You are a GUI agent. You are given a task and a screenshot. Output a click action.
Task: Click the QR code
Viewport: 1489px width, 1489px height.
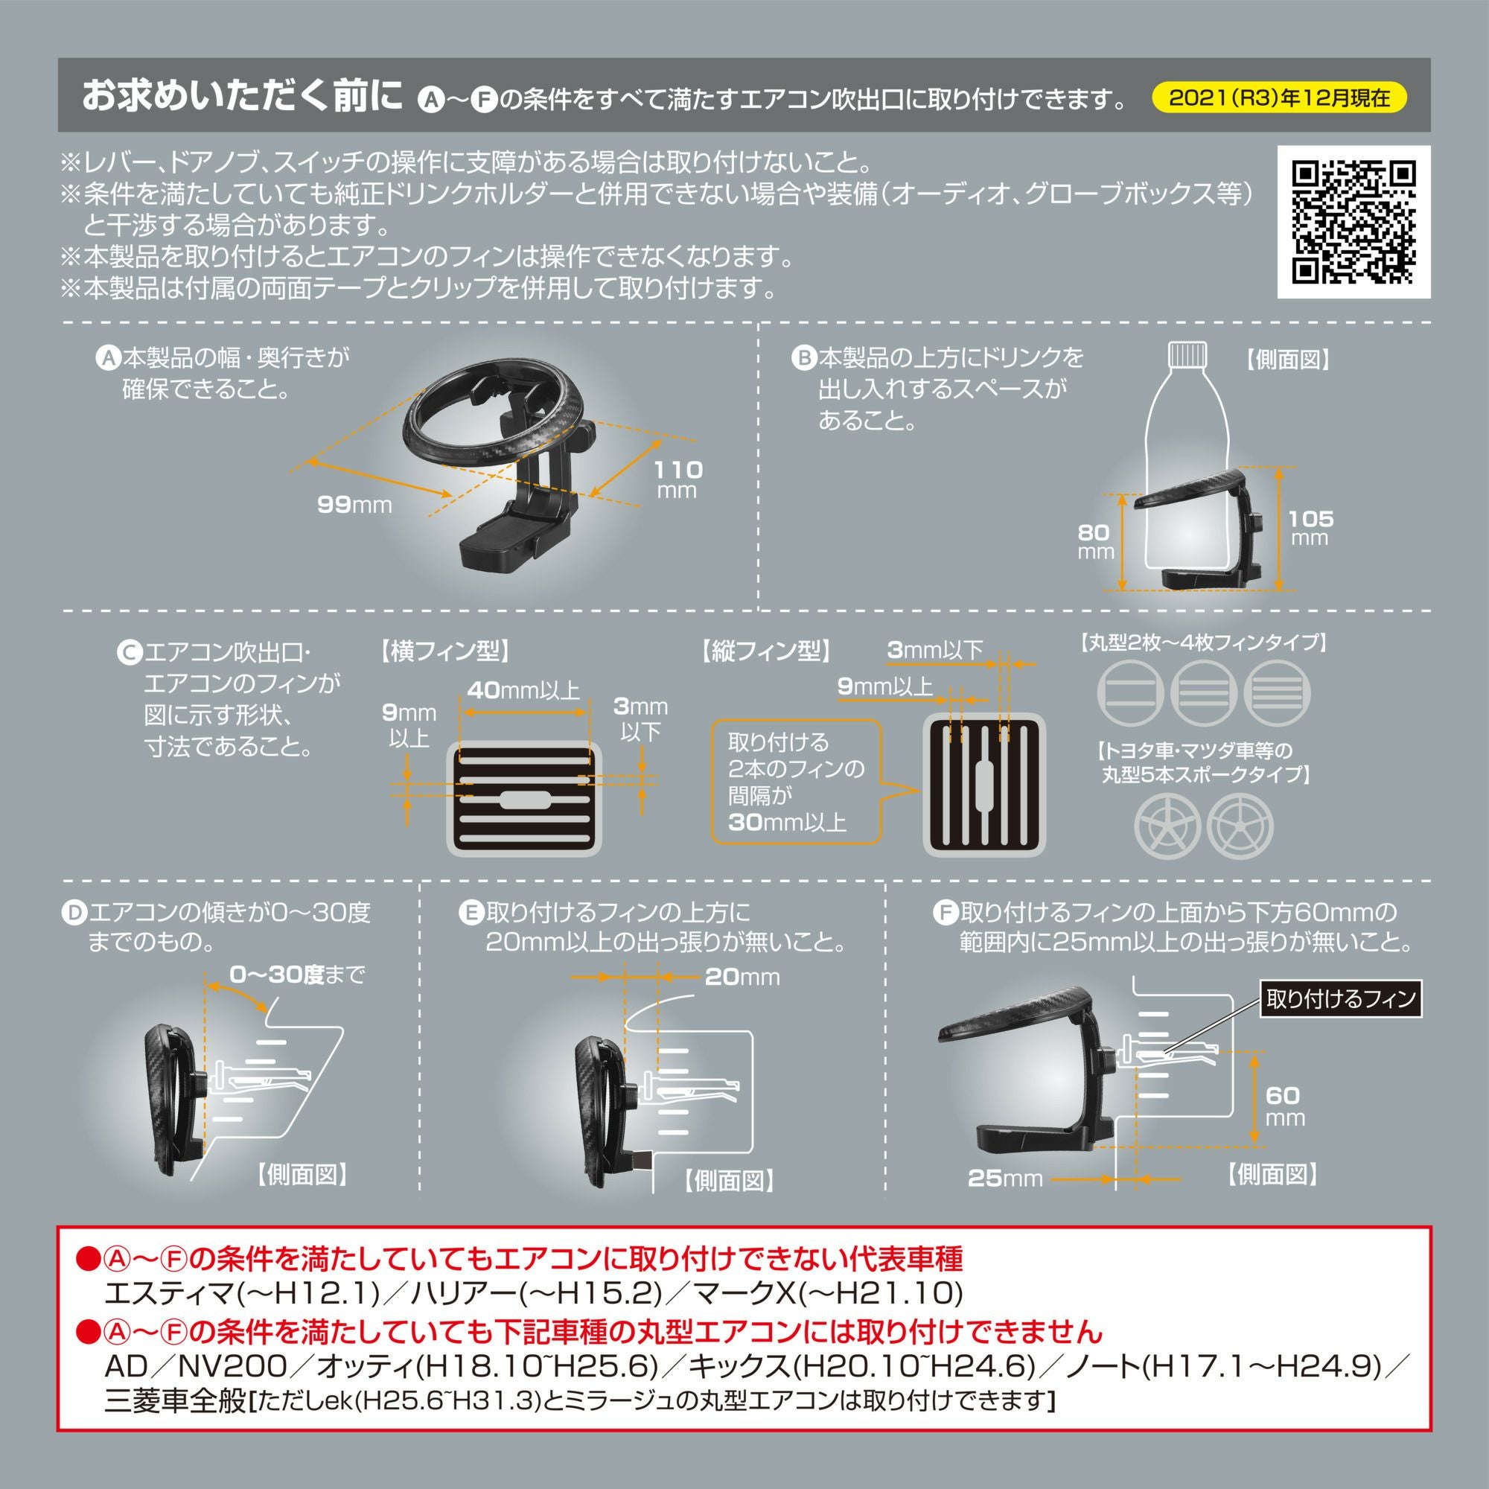coord(1354,222)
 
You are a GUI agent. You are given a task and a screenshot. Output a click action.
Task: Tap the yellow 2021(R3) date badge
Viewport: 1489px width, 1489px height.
coord(1279,98)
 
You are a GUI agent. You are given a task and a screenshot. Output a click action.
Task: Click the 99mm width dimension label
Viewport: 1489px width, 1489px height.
coord(354,505)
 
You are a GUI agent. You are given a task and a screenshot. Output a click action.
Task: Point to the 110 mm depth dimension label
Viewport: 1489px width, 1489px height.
coord(678,479)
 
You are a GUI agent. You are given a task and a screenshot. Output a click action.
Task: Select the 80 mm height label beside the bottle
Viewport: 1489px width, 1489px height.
coord(1094,541)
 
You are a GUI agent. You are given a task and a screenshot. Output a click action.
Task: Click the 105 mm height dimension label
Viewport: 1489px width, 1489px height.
coord(1310,527)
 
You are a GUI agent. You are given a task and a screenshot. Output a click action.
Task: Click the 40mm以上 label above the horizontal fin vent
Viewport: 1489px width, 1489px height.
coord(524,690)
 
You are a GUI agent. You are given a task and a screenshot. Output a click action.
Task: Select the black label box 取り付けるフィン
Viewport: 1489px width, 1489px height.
coord(1340,1000)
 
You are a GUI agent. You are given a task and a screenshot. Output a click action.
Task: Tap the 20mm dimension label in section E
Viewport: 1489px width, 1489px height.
coord(742,978)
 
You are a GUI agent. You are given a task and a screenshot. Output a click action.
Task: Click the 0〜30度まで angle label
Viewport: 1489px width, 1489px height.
coord(297,975)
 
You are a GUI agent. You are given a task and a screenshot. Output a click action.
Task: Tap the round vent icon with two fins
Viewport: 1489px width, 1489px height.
coord(1130,692)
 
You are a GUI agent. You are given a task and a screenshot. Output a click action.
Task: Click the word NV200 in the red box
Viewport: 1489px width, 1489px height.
coord(232,1365)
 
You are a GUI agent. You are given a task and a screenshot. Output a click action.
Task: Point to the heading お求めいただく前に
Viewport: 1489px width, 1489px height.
coord(242,97)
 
